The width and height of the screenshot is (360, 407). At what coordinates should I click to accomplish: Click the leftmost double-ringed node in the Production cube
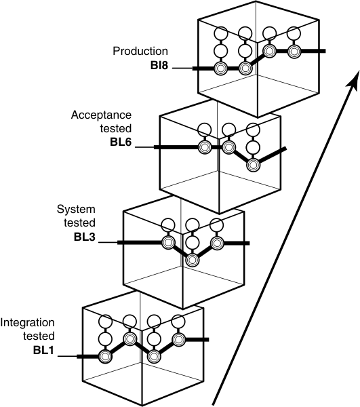pos(220,69)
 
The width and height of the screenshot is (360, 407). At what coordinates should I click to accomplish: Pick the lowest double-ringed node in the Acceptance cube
pos(254,163)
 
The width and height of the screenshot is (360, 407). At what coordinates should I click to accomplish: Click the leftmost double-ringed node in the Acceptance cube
pos(203,147)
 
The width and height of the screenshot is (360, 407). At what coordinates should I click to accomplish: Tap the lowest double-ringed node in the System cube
pos(192,259)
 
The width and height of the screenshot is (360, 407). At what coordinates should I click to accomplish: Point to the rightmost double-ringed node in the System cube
pos(217,242)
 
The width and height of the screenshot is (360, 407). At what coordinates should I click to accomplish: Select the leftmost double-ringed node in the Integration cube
pos(105,355)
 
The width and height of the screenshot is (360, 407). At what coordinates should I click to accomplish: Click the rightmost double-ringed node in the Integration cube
pos(178,338)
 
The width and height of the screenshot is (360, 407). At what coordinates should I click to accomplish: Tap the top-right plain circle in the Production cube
pos(294,33)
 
